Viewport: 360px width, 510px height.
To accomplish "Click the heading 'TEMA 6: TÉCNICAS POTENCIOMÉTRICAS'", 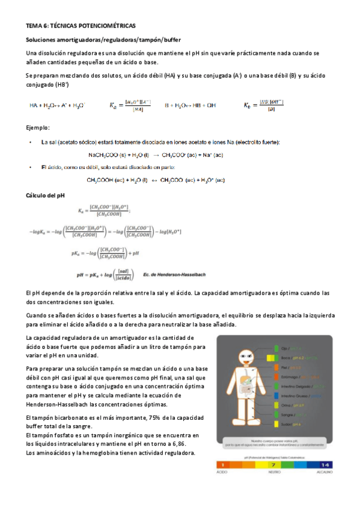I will coord(81,26).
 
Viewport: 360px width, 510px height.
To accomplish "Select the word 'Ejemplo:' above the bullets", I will coord(38,128).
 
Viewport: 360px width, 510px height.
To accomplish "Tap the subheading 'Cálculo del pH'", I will coord(49,196).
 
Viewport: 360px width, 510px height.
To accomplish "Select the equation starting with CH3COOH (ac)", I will coord(156,180).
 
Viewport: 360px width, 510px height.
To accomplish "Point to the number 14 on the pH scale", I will coord(325,465).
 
